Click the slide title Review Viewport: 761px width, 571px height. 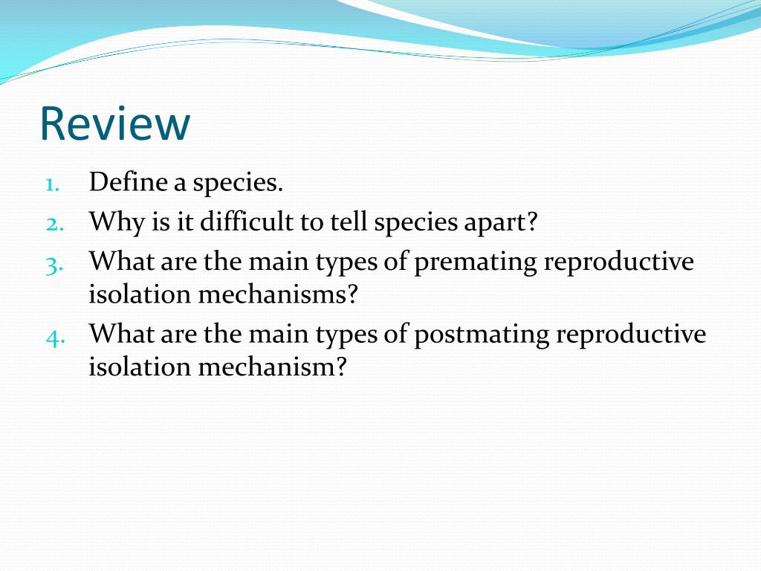coord(115,124)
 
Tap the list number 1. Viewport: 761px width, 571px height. coord(53,185)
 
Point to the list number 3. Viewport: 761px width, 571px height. coord(54,265)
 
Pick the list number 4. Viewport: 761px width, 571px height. coord(55,338)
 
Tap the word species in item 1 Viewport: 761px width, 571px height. coord(238,184)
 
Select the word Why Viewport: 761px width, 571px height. coord(117,223)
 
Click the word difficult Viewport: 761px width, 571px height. coord(247,222)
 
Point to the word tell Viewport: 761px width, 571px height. coord(349,222)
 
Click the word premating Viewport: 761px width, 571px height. coord(475,263)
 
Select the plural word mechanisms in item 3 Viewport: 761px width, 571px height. coord(278,294)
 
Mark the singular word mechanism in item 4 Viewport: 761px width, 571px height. coord(272,366)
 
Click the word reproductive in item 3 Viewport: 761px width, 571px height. coord(619,263)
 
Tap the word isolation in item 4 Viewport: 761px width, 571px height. coord(140,366)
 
